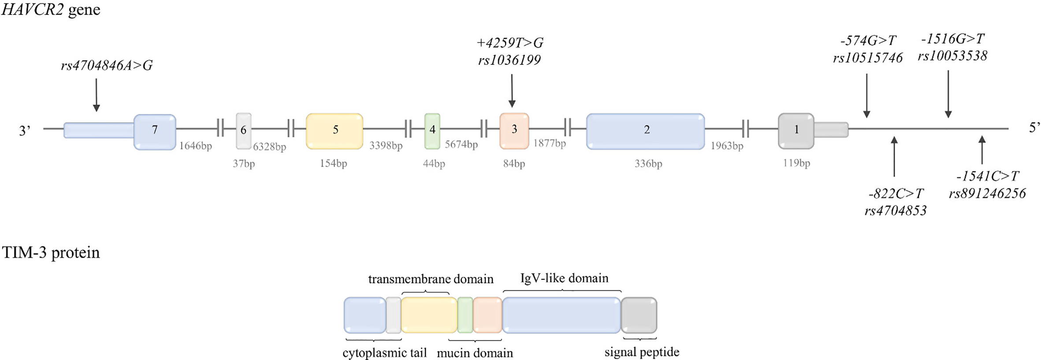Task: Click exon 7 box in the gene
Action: click(x=155, y=132)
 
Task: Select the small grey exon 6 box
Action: click(x=243, y=131)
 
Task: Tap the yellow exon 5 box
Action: click(x=335, y=131)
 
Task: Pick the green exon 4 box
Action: click(x=432, y=131)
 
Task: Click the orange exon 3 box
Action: click(x=514, y=131)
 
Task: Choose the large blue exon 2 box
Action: click(x=646, y=131)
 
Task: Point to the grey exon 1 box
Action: click(x=796, y=131)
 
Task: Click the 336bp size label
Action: click(x=648, y=163)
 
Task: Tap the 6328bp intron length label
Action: click(x=269, y=147)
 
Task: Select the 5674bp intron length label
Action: click(x=461, y=144)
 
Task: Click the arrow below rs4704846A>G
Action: click(x=97, y=95)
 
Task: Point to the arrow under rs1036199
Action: click(x=512, y=91)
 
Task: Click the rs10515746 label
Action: click(x=867, y=58)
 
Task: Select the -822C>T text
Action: click(x=896, y=193)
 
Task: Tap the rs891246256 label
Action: click(x=987, y=193)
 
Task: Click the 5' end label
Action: click(x=1034, y=128)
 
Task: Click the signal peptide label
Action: click(x=641, y=352)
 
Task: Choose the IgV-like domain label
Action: click(x=564, y=278)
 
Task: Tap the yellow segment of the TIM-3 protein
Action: click(x=429, y=315)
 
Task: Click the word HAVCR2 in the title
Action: click(x=33, y=9)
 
